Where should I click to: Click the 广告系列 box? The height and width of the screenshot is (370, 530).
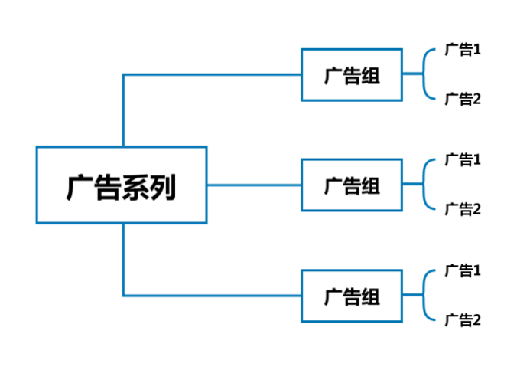click(x=122, y=185)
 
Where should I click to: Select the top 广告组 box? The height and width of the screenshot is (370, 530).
click(x=351, y=74)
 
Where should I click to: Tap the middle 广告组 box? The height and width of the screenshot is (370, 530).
click(x=351, y=185)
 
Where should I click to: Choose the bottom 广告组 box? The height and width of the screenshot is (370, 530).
click(x=351, y=295)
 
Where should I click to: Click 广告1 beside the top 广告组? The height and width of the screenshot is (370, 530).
click(x=463, y=50)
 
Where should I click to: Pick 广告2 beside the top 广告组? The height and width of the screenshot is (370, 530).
click(x=463, y=99)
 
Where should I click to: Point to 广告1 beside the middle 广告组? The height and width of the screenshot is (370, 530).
click(x=463, y=160)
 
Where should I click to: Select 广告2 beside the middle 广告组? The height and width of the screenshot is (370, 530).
click(x=463, y=209)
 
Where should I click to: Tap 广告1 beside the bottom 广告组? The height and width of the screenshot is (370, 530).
click(x=463, y=270)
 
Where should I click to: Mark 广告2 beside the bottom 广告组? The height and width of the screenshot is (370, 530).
click(x=463, y=319)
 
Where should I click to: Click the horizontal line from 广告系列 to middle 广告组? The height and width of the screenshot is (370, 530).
click(x=254, y=185)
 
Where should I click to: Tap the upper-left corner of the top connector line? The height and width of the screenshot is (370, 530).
click(x=123, y=74)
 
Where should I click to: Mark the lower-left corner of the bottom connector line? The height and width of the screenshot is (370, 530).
click(x=123, y=295)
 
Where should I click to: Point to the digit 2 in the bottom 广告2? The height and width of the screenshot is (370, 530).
click(x=476, y=319)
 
